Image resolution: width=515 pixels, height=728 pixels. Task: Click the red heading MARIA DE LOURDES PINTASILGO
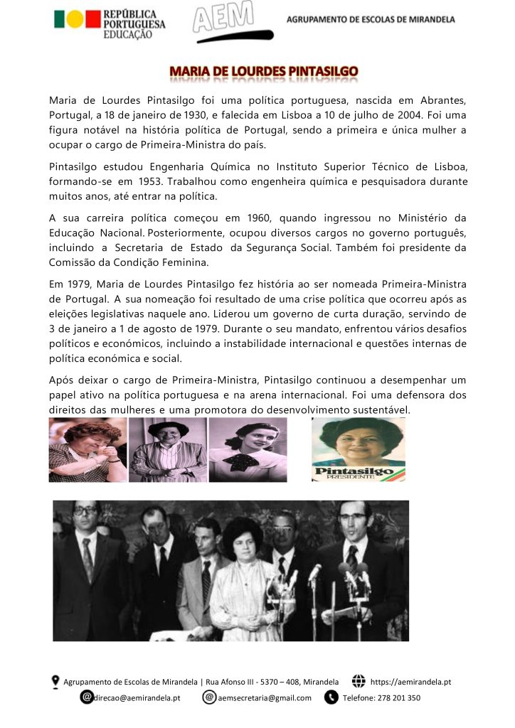(263, 72)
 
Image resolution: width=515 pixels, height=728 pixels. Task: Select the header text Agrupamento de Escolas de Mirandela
(371, 20)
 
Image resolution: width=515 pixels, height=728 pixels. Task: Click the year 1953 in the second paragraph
(162, 181)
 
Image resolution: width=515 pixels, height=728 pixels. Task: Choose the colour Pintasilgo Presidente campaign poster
(359, 449)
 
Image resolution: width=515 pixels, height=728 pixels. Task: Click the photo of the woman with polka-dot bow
(248, 449)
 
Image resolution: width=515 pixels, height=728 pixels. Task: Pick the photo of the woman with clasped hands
(87, 449)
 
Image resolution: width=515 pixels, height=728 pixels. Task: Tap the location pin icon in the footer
(55, 682)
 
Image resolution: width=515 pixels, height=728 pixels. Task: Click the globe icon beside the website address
(359, 682)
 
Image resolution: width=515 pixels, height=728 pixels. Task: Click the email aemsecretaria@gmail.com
(265, 697)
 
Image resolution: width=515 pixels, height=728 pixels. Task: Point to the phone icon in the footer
(331, 697)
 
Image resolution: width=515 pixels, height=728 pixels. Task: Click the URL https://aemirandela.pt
(410, 682)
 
